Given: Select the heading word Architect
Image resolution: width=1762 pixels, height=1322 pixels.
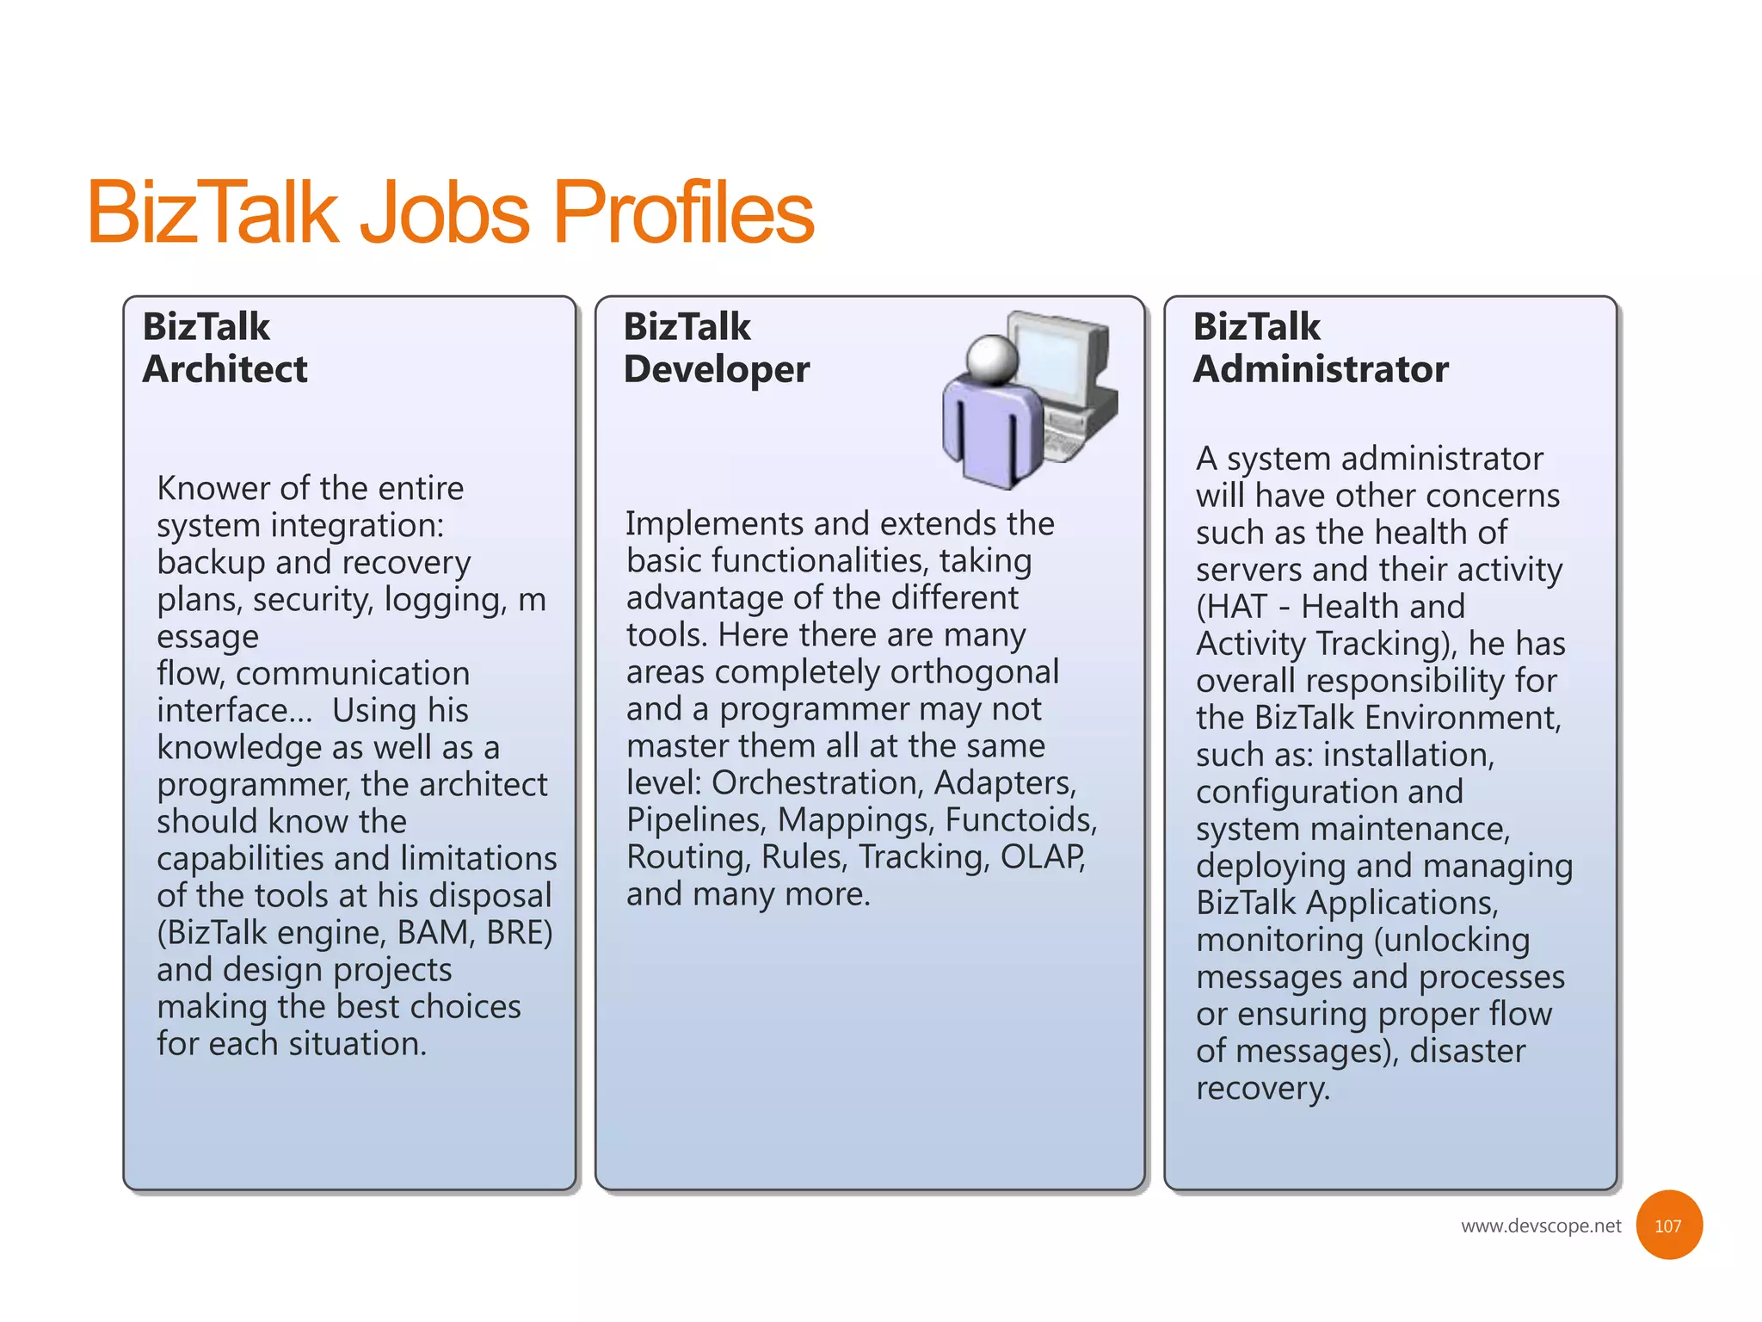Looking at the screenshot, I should click(225, 369).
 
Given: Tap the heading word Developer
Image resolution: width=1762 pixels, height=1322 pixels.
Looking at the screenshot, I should click(716, 369).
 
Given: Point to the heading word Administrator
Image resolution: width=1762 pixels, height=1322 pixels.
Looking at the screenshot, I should click(1320, 369).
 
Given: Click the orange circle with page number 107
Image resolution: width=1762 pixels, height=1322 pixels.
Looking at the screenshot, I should click(1667, 1226).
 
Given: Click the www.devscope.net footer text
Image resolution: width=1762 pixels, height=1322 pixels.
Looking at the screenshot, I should click(1540, 1226).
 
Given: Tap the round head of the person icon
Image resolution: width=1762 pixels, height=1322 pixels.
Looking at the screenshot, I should click(992, 358).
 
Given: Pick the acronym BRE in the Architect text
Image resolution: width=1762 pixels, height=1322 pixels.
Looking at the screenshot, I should click(518, 932).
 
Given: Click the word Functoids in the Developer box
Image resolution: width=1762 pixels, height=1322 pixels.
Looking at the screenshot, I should click(1020, 819).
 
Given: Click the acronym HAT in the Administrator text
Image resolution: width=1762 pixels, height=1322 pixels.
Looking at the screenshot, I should click(1235, 607).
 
